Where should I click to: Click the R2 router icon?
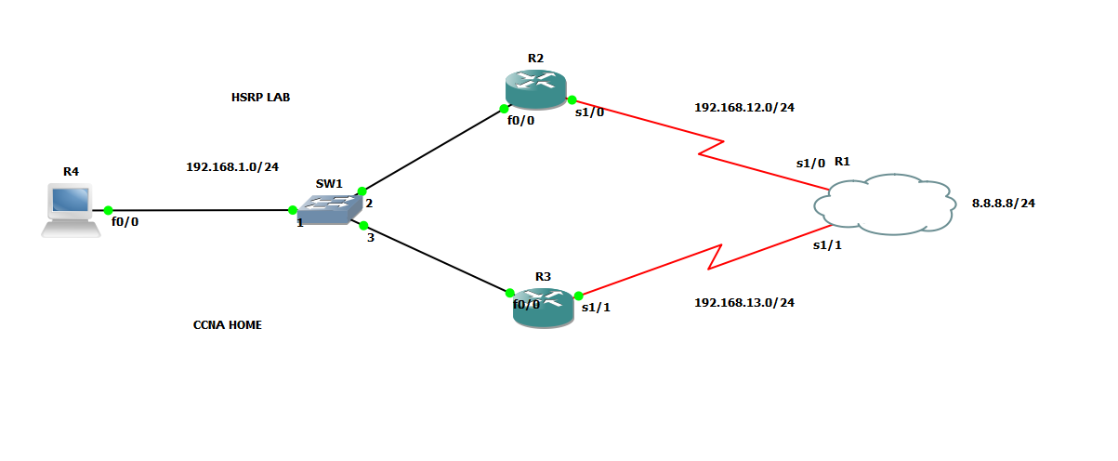tap(536, 87)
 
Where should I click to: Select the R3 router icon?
tap(544, 307)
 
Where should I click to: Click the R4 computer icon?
tap(71, 210)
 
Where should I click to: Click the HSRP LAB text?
tap(260, 97)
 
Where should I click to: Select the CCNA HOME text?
tap(227, 325)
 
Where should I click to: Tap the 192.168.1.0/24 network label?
tap(232, 167)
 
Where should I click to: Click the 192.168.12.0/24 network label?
tap(743, 108)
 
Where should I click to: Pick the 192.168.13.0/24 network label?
tap(743, 302)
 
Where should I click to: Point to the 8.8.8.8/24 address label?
tap(1003, 203)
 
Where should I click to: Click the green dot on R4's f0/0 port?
tap(109, 211)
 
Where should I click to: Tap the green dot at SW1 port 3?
tap(363, 225)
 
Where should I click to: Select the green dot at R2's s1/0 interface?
tap(572, 100)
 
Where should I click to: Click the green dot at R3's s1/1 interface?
tap(578, 296)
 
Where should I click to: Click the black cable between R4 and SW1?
tap(200, 211)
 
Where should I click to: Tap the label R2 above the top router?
tap(535, 59)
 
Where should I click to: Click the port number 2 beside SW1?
tap(369, 204)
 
